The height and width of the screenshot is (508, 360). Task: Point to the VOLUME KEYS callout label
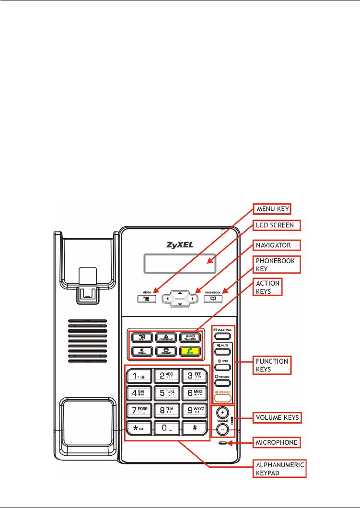(277, 417)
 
